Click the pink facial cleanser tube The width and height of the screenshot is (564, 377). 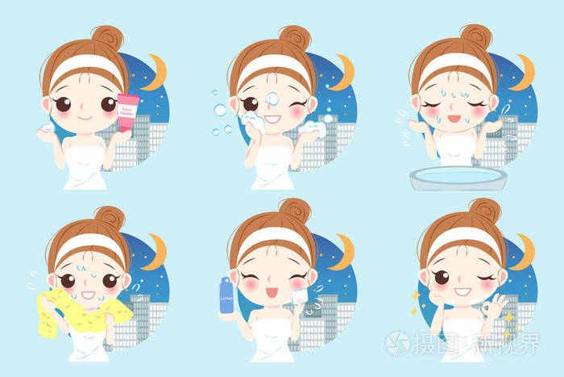127,113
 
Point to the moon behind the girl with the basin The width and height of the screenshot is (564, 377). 525,70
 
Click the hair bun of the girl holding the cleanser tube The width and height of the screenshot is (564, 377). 106,38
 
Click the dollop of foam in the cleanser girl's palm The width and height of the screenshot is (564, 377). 48,128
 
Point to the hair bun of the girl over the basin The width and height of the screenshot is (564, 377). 475,37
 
